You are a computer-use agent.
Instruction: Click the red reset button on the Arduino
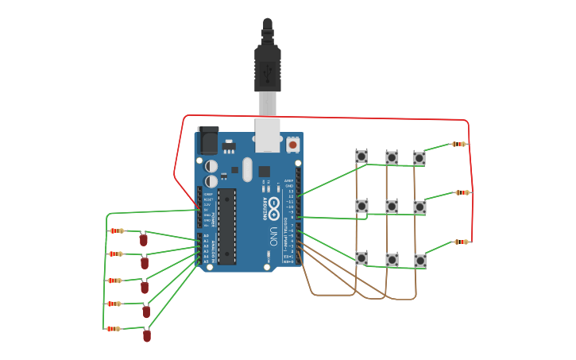[292, 145]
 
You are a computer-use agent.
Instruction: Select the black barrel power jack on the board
[207, 141]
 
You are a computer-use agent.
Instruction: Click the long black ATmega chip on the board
[227, 226]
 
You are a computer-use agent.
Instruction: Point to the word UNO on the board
[273, 236]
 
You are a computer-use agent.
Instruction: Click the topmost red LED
[143, 238]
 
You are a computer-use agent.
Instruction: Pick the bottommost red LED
[147, 335]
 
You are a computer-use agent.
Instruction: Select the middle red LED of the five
[145, 287]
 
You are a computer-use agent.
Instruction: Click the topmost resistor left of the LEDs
[117, 230]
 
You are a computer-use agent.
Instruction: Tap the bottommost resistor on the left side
[114, 328]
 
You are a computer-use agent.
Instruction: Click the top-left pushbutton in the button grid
[361, 156]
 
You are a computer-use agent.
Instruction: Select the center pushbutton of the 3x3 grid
[392, 207]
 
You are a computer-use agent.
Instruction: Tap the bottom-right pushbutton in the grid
[420, 261]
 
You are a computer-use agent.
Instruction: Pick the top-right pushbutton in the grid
[419, 158]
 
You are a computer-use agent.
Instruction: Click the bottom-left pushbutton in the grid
[361, 258]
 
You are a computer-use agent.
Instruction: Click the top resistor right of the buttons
[458, 144]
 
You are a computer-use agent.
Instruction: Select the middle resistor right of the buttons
[462, 192]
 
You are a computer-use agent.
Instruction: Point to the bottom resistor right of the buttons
[461, 242]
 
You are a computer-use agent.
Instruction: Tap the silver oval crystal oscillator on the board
[246, 169]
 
